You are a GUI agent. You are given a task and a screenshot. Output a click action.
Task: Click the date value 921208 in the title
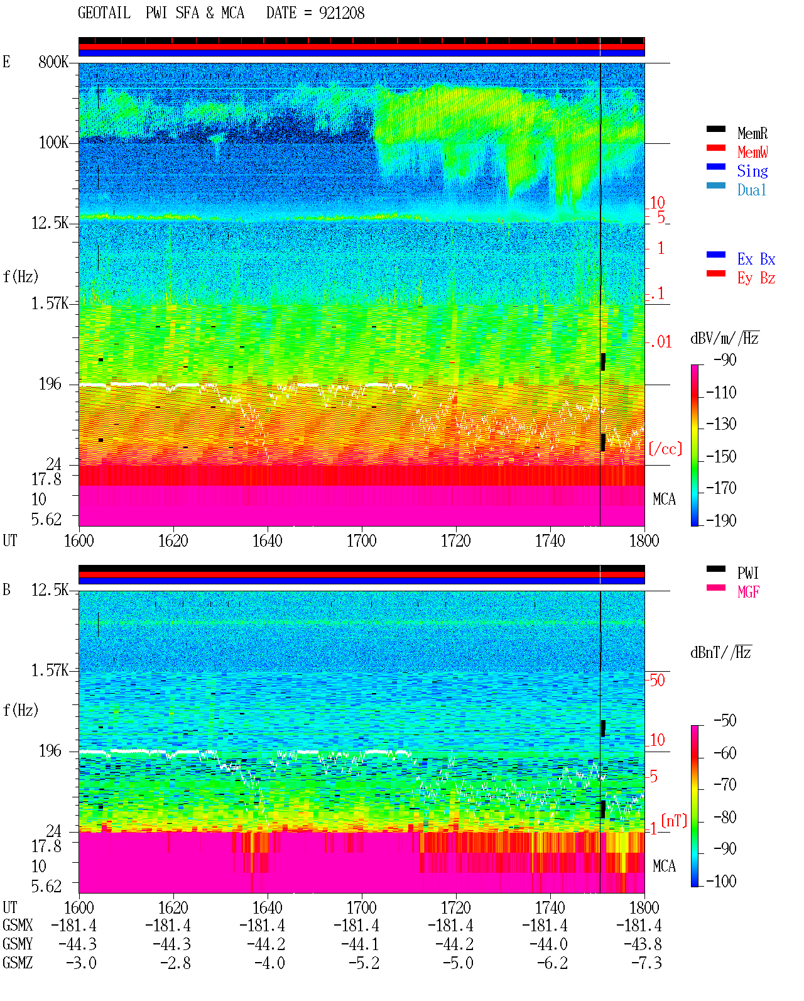click(341, 13)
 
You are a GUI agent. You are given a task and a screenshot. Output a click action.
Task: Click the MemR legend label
click(752, 133)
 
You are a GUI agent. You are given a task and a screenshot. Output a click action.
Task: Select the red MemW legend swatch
click(715, 148)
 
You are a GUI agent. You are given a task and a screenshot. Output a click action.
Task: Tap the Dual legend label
click(751, 190)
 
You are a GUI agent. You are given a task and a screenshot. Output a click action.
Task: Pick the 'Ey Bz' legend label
click(756, 278)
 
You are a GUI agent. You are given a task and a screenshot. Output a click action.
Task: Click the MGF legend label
click(748, 592)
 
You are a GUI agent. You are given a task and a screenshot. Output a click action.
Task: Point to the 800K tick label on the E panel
click(53, 62)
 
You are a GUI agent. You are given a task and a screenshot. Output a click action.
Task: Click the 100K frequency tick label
click(53, 143)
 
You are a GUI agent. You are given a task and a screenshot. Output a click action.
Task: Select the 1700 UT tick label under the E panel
click(361, 541)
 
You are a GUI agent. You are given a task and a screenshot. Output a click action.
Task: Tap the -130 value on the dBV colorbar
click(721, 424)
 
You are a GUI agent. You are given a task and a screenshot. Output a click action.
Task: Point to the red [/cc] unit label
click(665, 449)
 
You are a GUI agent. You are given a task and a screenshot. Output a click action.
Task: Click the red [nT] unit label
click(673, 821)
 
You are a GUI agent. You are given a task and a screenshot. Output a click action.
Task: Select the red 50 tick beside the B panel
click(657, 681)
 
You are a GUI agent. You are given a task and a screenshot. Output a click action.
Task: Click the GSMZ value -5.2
click(364, 963)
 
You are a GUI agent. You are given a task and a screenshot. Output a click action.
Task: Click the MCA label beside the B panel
click(664, 866)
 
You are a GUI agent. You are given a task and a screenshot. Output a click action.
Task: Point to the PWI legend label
click(747, 573)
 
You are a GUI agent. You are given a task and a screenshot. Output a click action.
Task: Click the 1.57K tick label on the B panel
click(50, 670)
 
